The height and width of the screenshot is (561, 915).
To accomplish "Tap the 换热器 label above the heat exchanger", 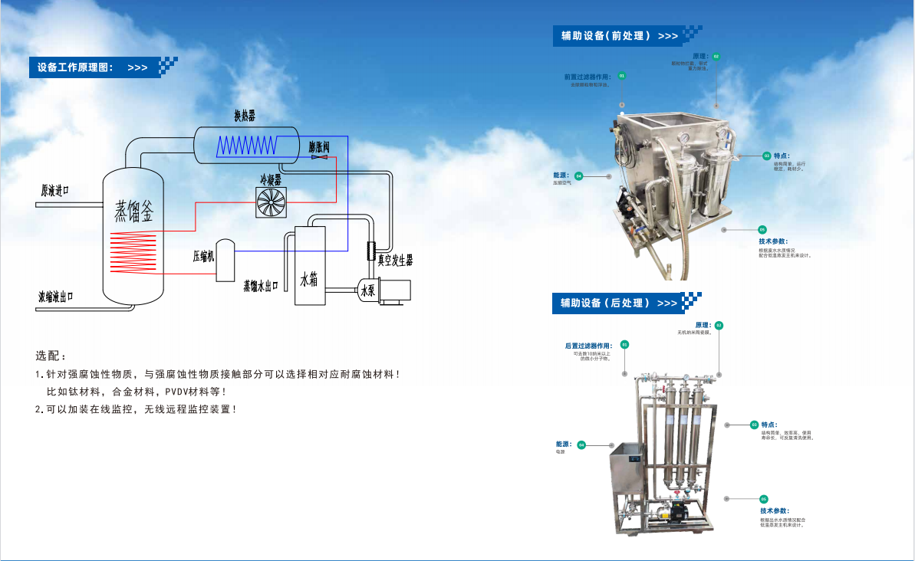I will point(245,116).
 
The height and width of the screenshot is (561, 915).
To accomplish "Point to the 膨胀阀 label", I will point(319,146).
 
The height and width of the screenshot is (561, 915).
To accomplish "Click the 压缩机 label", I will point(203,255).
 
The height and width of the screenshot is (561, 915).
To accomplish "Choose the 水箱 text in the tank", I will point(308,280).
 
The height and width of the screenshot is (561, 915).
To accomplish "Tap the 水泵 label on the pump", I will point(367,290).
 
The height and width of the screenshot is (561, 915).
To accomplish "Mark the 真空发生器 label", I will point(395,261).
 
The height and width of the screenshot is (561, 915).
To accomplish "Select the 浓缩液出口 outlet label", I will point(56,296).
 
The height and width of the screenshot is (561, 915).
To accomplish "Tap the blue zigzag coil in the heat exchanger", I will point(247,144).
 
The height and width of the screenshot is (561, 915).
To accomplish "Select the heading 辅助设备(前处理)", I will point(606,36).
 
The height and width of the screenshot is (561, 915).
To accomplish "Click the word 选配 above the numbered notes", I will point(51,356).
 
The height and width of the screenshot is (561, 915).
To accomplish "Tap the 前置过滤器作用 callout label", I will point(588,77).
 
